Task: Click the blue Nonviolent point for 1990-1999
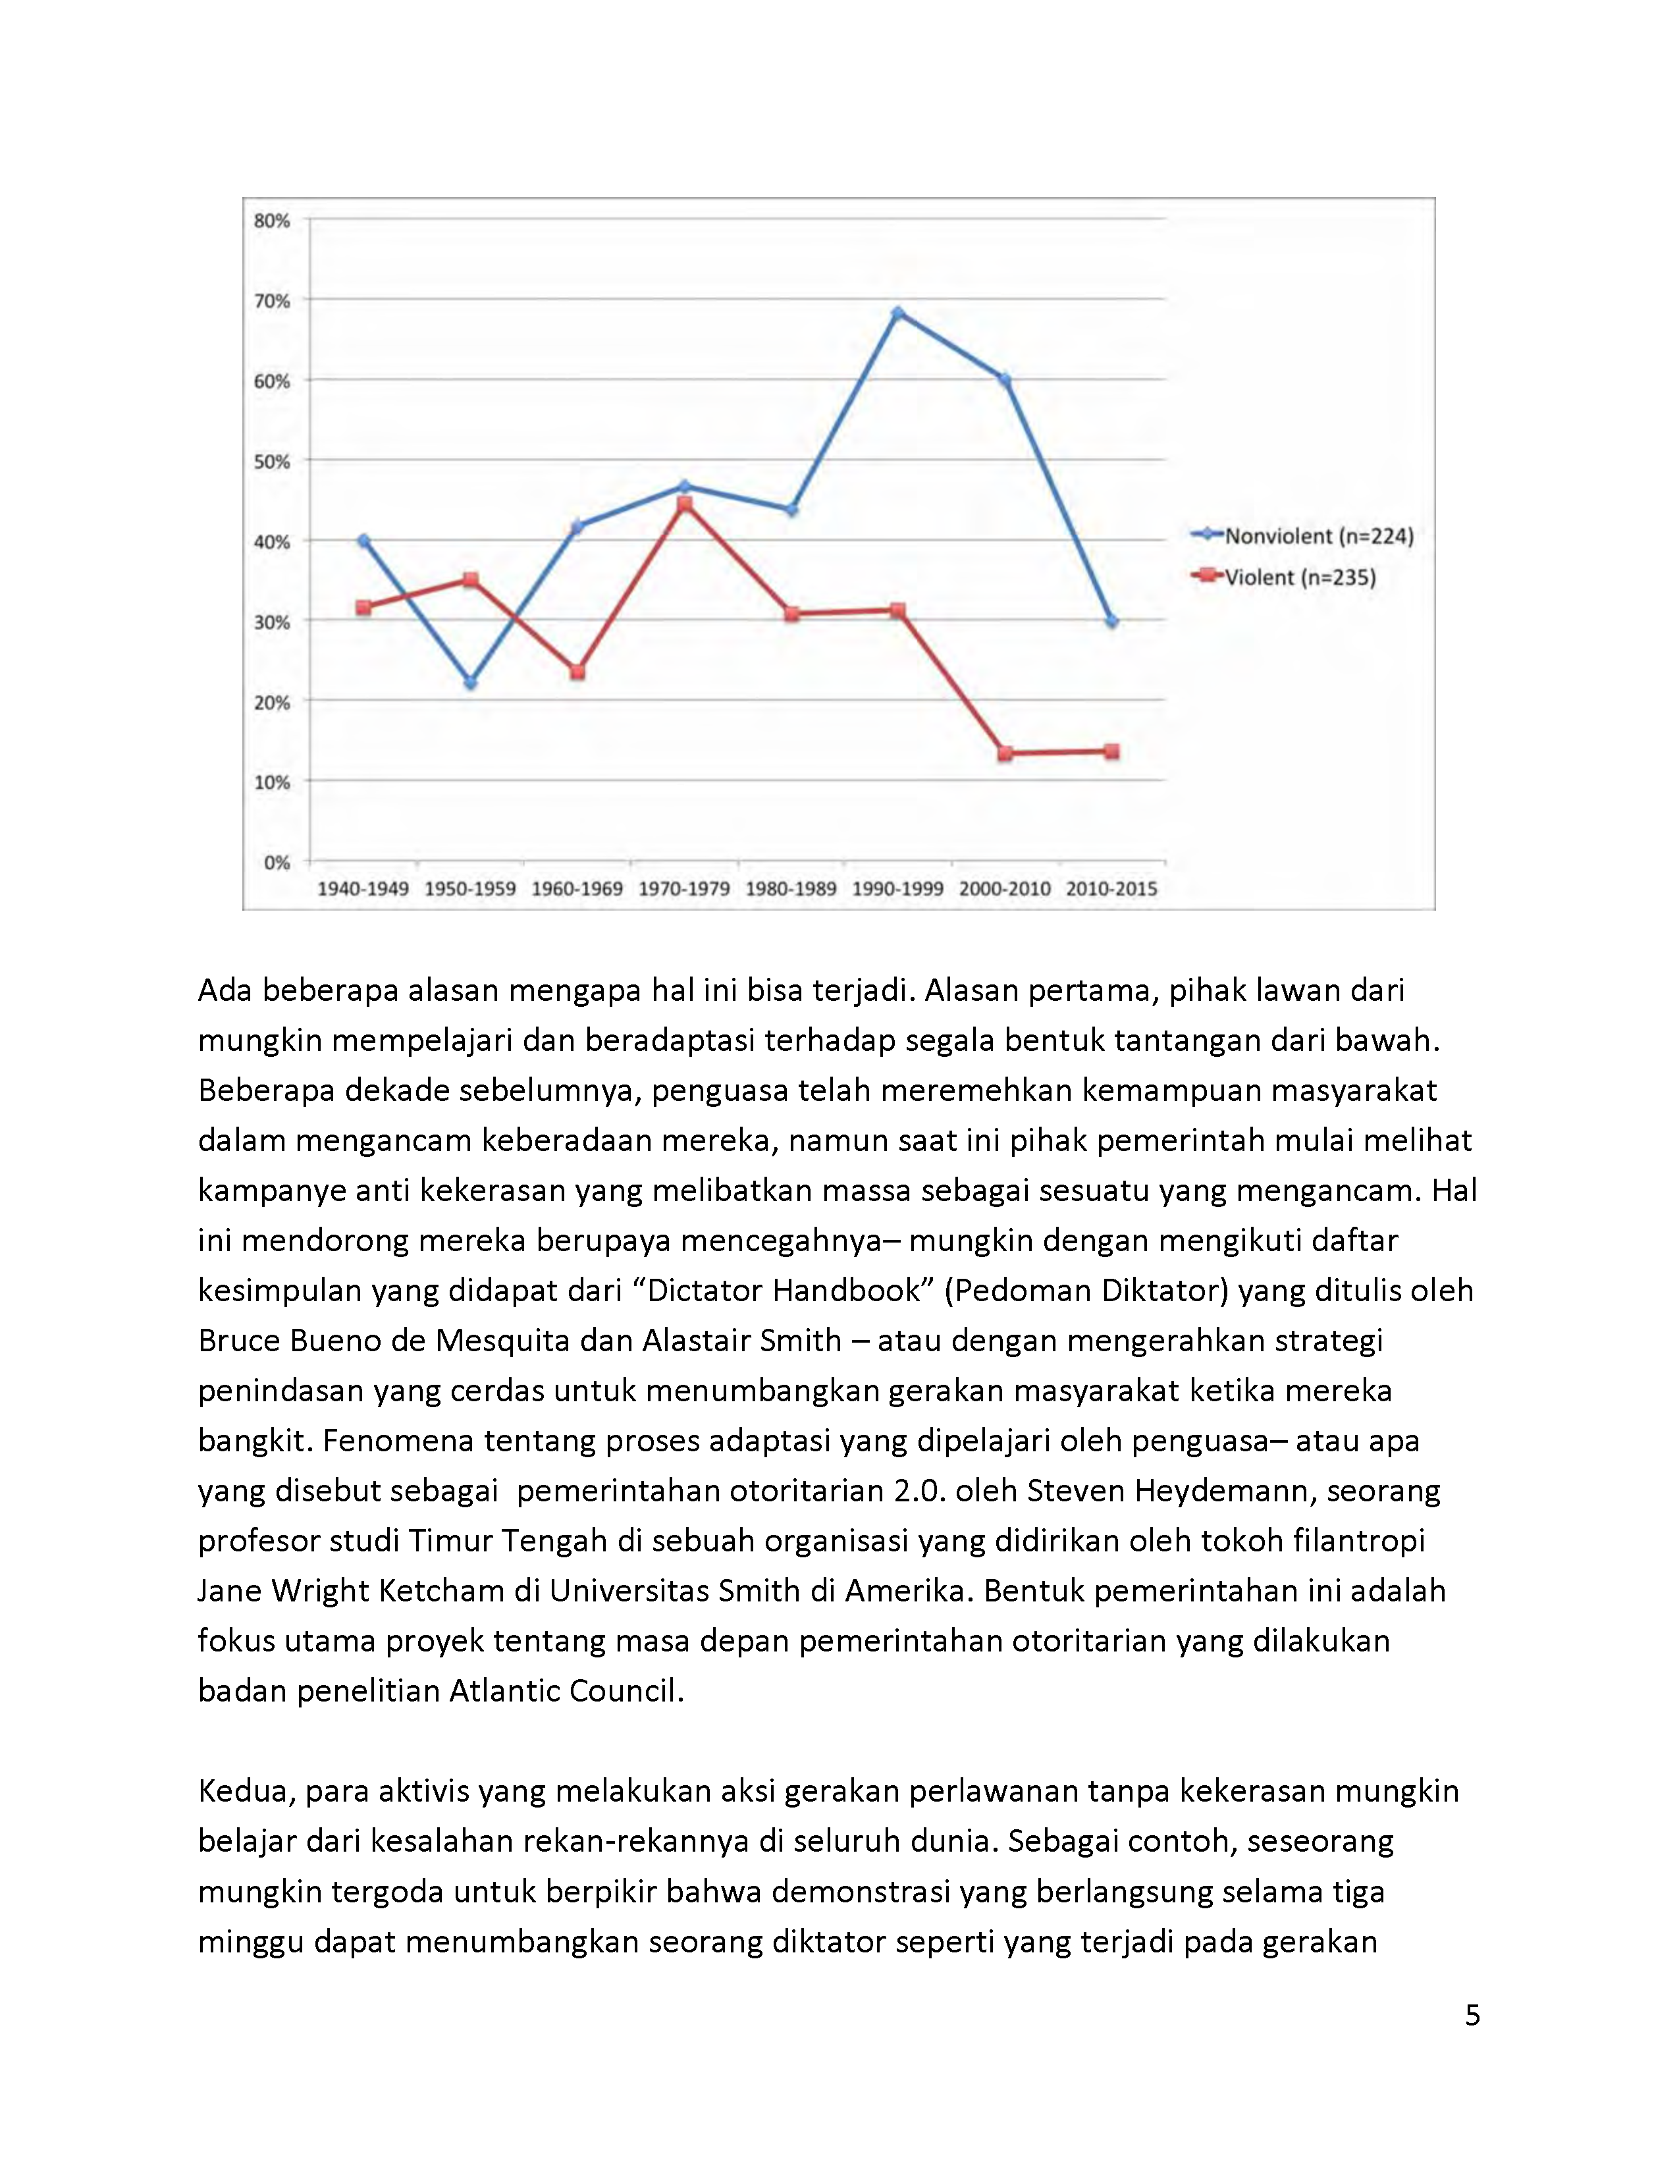897,313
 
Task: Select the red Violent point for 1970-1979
684,504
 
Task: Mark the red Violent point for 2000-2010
1005,753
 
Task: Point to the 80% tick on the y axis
271,221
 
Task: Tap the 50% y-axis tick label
271,462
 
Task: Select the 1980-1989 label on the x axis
791,888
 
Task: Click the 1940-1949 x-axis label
363,888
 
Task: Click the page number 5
1472,2015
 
